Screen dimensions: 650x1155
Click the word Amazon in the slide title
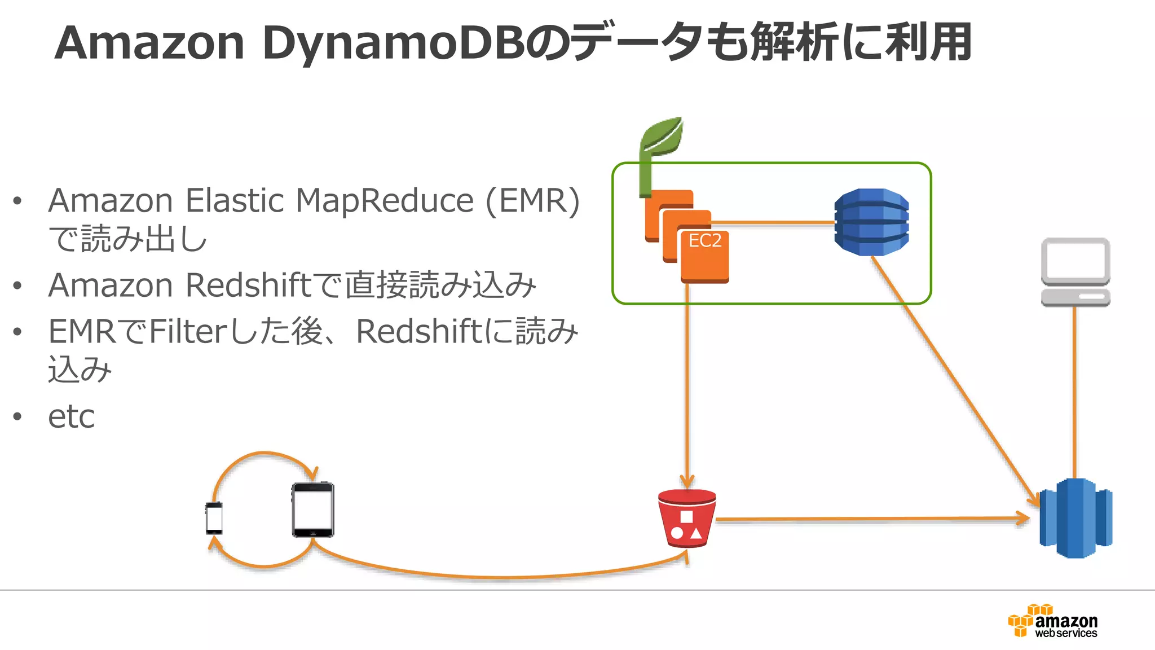coord(149,43)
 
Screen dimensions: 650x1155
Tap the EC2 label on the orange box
coord(705,241)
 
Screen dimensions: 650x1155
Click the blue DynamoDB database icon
coord(871,222)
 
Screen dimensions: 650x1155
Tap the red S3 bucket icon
coord(687,519)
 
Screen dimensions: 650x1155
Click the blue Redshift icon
coord(1076,518)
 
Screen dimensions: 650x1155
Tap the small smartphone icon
coord(214,517)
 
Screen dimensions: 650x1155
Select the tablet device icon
coord(313,510)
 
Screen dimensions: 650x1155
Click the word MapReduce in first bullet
coord(385,201)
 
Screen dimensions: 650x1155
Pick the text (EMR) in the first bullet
coord(532,201)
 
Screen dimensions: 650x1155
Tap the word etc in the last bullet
coord(72,417)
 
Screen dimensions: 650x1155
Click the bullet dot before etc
coord(17,417)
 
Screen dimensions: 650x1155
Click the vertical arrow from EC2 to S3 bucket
coord(687,384)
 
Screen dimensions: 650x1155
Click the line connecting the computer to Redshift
coord(1075,395)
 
